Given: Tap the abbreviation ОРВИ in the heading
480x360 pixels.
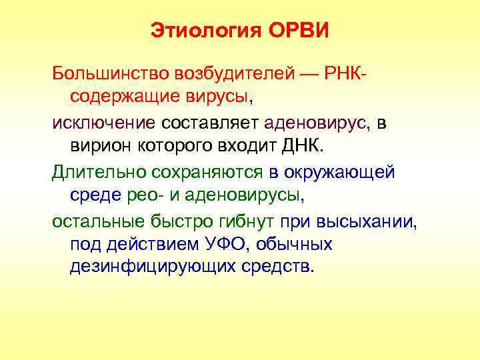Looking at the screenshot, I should (x=299, y=31).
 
